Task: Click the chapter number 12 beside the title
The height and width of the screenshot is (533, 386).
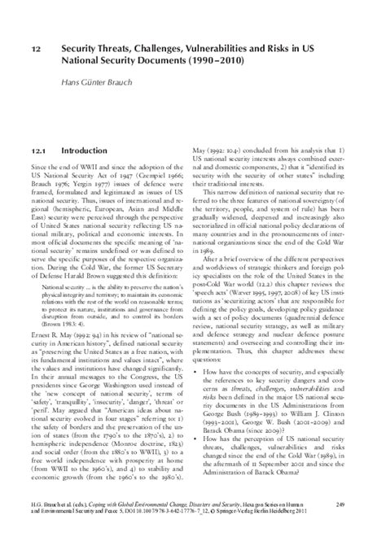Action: tap(36, 49)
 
